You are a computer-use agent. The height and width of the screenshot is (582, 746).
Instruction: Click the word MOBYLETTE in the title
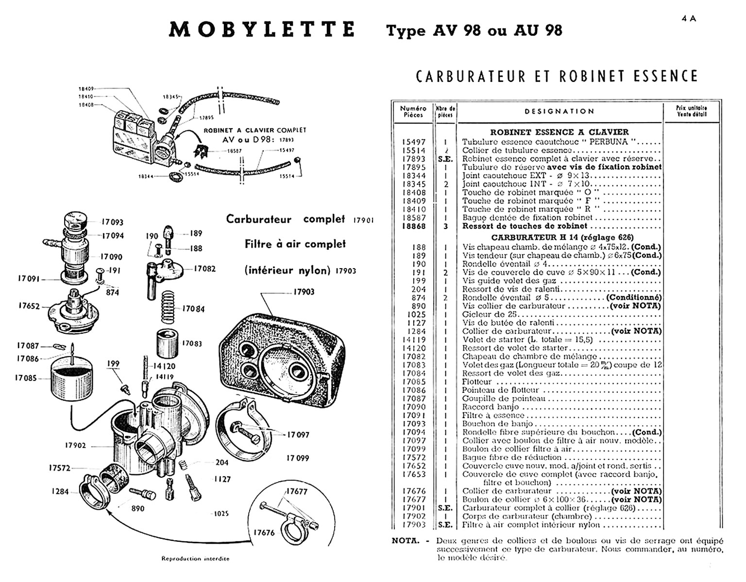[262, 30]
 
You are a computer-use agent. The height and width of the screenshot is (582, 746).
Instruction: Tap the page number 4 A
[689, 18]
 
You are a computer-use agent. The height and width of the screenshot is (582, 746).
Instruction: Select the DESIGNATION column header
[559, 112]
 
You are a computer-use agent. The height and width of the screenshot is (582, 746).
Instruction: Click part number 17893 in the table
[413, 159]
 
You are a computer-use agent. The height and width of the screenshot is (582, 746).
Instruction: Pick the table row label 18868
[413, 226]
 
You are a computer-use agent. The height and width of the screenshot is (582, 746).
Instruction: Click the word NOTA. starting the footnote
[405, 541]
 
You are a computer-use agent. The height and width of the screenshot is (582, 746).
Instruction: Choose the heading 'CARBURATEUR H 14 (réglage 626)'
[562, 238]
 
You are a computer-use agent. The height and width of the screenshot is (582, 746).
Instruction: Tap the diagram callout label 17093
[112, 222]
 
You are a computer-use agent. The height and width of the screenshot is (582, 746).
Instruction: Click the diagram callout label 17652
[29, 307]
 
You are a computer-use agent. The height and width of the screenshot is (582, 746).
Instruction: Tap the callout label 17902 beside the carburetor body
[75, 445]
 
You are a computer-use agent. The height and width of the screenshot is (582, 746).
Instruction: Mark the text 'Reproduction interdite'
[195, 559]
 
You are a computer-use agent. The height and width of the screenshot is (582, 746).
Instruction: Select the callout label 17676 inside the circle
[264, 533]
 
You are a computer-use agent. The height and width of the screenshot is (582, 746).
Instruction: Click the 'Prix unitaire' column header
[692, 111]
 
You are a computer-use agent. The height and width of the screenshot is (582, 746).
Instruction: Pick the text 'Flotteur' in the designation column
[477, 382]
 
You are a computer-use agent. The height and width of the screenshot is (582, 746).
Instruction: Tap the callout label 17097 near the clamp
[298, 435]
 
